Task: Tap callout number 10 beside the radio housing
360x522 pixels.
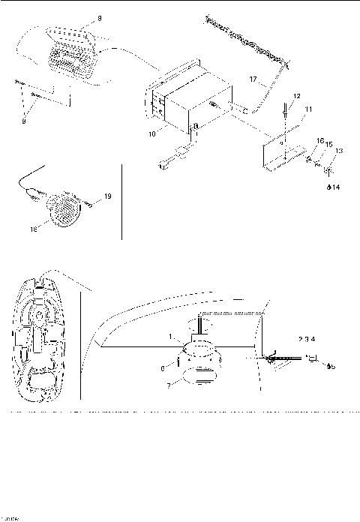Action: tap(151, 133)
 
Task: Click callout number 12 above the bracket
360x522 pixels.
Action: tap(296, 97)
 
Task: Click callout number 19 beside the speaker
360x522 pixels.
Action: tap(107, 196)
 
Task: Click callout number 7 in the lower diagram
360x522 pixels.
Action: tap(169, 384)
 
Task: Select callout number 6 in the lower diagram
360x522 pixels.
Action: tap(171, 367)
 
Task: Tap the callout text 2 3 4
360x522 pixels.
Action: tap(307, 339)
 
